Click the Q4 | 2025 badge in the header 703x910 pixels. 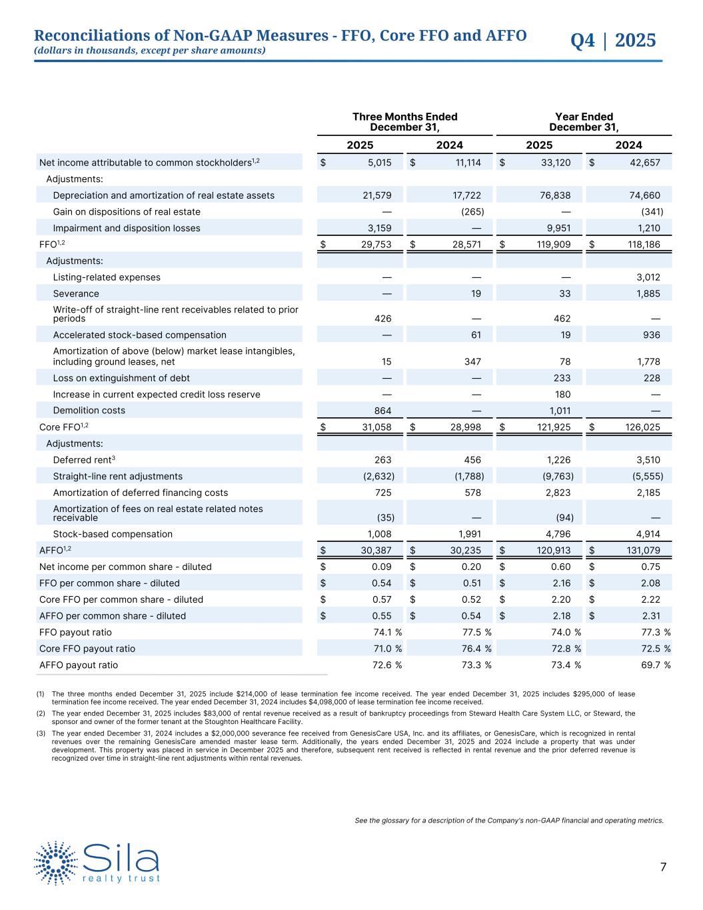click(613, 41)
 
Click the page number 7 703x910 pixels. click(663, 867)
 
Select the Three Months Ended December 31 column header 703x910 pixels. click(404, 122)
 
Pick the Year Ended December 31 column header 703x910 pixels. click(584, 122)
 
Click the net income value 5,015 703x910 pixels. click(380, 163)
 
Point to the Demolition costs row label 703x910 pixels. click(89, 411)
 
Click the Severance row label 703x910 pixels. click(76, 294)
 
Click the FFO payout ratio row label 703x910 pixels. click(75, 633)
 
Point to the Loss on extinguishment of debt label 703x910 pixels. click(121, 378)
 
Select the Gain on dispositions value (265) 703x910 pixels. click(472, 212)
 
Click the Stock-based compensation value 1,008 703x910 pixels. click(380, 534)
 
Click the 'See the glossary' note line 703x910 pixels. click(509, 821)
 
